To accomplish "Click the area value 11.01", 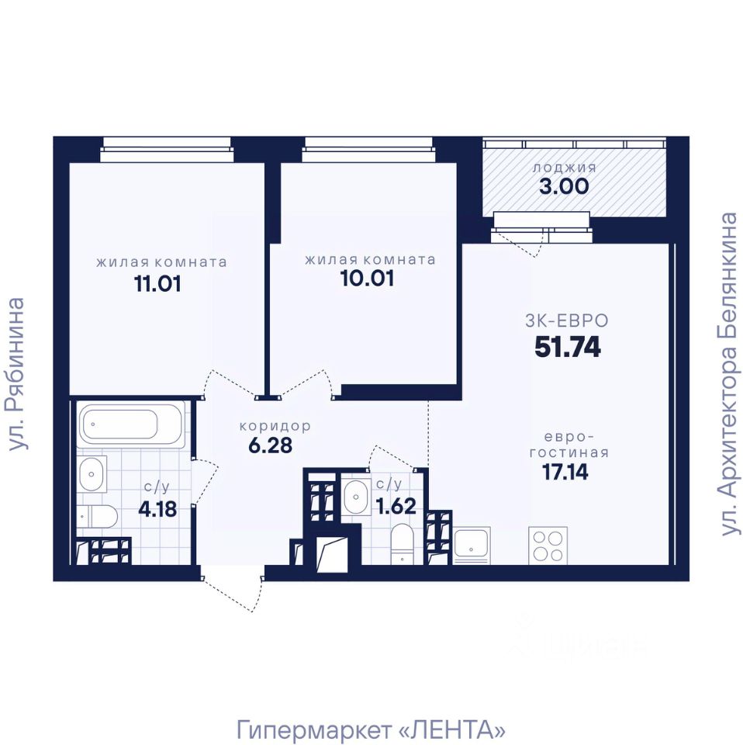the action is tap(157, 284).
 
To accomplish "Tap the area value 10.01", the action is tap(368, 279).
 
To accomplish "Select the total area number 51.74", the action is tap(568, 347).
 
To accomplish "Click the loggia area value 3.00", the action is tap(564, 186).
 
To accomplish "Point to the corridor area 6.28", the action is tap(271, 445).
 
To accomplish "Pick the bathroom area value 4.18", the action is tap(157, 509).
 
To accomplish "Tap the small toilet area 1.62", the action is tap(396, 506).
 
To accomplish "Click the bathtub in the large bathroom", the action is tap(131, 424).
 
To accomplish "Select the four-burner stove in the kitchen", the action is tap(548, 546).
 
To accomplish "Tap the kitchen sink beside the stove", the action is tap(472, 546).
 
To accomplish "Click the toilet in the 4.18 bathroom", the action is tap(97, 517).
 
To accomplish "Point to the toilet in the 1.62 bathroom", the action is tap(402, 544).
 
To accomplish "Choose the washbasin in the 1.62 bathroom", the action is tap(356, 497).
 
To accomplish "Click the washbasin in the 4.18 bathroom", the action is tap(92, 473).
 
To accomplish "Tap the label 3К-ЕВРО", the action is tap(566, 321).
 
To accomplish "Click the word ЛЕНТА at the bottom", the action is tap(451, 729).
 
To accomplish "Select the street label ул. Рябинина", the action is tap(16, 374).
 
